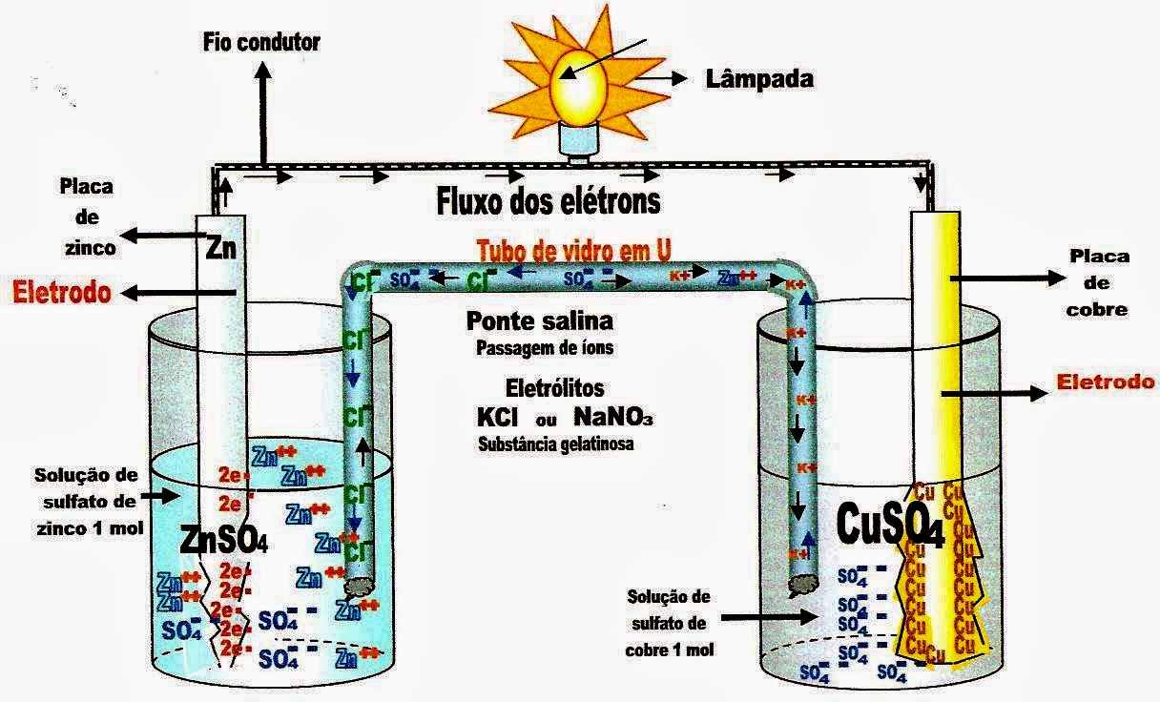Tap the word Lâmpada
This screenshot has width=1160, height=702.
coord(759,78)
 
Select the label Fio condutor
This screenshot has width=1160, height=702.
coord(261,42)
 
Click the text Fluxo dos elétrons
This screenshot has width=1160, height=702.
coord(548,202)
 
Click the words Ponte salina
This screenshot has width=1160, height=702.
coord(540,320)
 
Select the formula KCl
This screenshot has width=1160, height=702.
coord(500,418)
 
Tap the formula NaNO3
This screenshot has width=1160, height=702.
coord(613,418)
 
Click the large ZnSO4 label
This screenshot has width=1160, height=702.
coord(224,541)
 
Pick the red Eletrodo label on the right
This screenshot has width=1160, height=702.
coord(1107,382)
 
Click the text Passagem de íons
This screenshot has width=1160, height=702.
coord(544,348)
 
